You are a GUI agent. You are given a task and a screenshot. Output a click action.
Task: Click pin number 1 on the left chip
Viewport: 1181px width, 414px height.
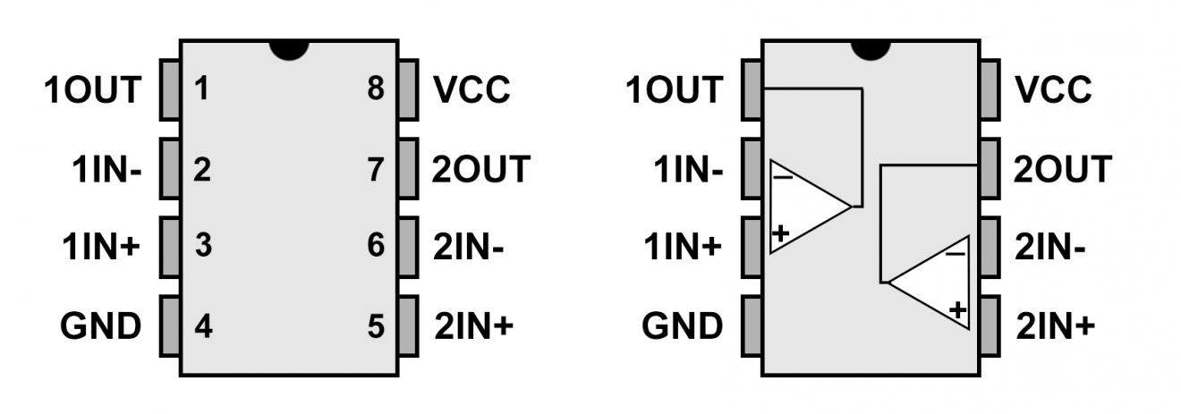[x=202, y=89]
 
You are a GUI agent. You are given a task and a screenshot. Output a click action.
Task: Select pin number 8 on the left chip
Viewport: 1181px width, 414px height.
[x=376, y=89]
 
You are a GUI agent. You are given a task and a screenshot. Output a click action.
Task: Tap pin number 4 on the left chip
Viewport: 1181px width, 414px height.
[x=203, y=326]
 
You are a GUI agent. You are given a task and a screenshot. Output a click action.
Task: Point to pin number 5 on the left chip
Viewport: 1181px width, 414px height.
[x=376, y=326]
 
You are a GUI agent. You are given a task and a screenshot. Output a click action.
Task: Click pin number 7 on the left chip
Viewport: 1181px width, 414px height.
[x=376, y=169]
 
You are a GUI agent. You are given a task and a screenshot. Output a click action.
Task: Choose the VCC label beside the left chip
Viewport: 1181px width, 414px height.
[x=472, y=89]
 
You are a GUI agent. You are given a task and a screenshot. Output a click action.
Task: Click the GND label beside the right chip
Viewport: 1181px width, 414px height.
[x=682, y=326]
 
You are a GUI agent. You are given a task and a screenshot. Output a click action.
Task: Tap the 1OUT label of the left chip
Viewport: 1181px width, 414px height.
[x=93, y=89]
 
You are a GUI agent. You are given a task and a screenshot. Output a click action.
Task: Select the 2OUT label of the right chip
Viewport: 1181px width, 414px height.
[x=1063, y=169]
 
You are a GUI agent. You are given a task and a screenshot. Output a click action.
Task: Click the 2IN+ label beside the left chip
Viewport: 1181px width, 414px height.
[x=473, y=326]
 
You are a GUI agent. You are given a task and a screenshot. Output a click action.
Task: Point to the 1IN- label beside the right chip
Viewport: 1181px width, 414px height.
[x=687, y=169]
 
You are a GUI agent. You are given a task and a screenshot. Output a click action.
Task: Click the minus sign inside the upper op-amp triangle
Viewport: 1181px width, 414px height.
[x=783, y=176]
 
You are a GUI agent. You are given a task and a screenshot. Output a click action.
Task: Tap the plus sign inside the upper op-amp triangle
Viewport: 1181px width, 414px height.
[x=781, y=234]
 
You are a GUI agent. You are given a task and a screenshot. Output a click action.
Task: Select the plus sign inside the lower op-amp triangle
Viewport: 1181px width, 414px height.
[x=957, y=310]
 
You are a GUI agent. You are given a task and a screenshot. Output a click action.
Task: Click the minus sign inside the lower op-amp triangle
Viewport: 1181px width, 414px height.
[x=956, y=253]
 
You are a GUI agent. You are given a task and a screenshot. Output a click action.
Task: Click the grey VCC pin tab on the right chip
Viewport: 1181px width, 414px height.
[x=989, y=89]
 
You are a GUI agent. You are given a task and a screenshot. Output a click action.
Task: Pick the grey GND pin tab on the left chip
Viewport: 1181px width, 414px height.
[x=170, y=326]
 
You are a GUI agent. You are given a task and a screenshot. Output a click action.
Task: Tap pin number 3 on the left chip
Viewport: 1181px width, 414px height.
[x=203, y=247]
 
